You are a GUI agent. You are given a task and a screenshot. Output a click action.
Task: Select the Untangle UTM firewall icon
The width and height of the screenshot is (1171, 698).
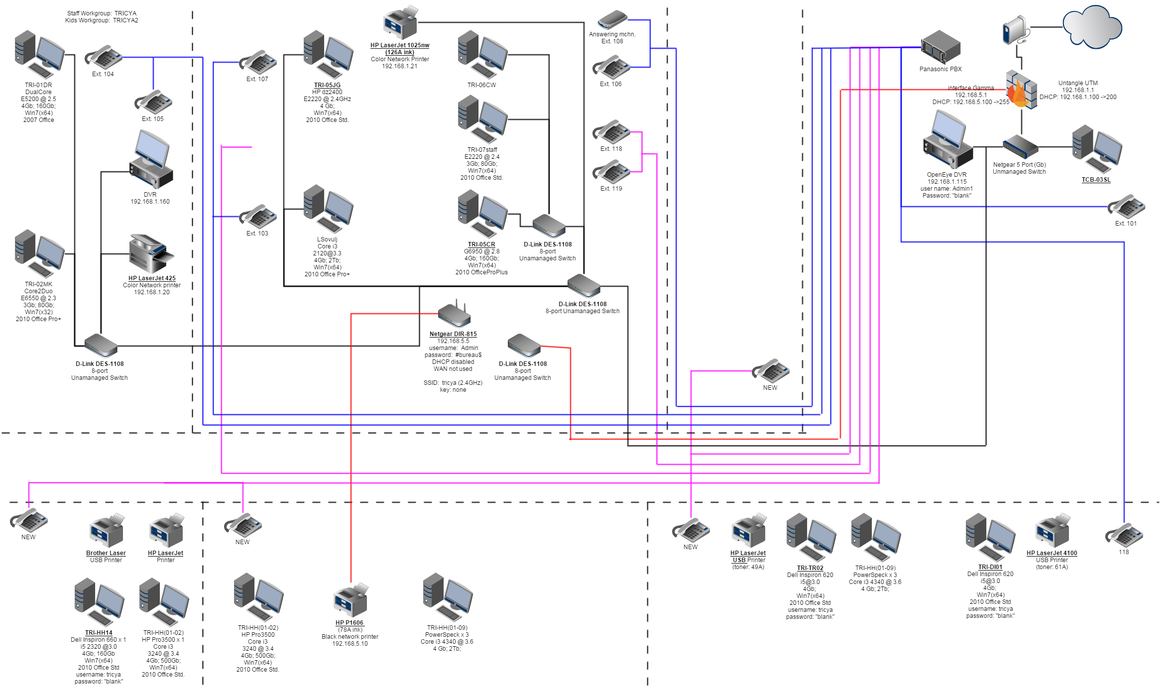point(1021,90)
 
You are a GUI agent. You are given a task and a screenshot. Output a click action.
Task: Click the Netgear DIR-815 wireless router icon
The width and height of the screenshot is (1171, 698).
point(454,315)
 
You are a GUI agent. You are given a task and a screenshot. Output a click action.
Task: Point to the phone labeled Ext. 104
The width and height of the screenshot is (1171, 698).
point(104,57)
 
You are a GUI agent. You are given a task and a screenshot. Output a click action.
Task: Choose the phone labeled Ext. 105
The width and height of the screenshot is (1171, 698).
point(154,102)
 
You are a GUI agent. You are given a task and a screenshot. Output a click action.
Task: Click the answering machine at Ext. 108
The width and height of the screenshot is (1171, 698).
point(612,20)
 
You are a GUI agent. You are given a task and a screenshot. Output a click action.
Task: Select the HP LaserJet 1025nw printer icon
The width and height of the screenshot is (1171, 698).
point(400,23)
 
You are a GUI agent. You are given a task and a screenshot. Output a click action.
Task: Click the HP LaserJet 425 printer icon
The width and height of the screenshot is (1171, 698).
point(151,254)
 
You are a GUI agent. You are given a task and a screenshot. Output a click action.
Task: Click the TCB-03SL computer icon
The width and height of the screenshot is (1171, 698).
point(1097,148)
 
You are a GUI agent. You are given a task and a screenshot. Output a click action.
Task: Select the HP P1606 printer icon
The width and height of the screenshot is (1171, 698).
point(351,601)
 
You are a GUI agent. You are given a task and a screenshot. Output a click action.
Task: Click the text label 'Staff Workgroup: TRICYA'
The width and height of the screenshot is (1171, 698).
point(102,13)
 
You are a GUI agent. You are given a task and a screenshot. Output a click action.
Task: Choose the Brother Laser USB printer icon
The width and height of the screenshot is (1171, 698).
point(106,531)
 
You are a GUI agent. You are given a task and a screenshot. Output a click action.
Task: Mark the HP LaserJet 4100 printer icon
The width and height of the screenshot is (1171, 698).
point(1052,531)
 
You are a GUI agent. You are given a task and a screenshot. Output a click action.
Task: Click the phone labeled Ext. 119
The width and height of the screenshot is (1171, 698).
point(612,172)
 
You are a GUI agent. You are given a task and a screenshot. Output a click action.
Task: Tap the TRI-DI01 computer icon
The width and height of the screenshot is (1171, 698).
point(990,537)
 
